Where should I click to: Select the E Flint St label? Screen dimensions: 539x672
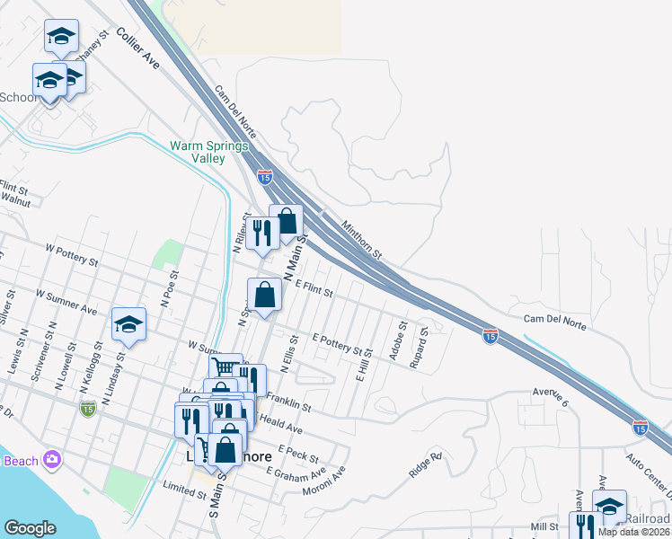click(x=314, y=287)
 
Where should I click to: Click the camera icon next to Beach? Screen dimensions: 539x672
click(x=52, y=460)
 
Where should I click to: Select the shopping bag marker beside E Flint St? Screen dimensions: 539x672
click(x=265, y=296)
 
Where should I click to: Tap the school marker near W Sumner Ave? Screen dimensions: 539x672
click(x=128, y=324)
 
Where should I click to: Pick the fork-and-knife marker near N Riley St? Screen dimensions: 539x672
click(x=261, y=233)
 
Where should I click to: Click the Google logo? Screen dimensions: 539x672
click(x=30, y=528)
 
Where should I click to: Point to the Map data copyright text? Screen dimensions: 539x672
click(x=634, y=532)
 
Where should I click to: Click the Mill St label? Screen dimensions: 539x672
click(x=544, y=526)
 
